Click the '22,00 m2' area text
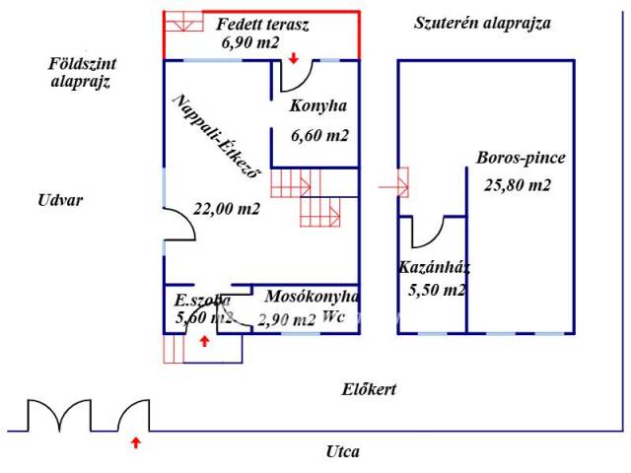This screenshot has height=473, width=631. (x=226, y=208)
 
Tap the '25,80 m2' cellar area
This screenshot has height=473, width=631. (x=518, y=184)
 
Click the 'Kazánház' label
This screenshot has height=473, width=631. (x=433, y=267)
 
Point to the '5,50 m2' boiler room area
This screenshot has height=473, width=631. (x=436, y=290)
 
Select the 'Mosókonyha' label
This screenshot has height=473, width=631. (x=312, y=296)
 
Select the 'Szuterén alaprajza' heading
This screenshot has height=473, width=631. (x=481, y=23)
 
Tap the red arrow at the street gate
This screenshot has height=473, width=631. (x=135, y=443)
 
